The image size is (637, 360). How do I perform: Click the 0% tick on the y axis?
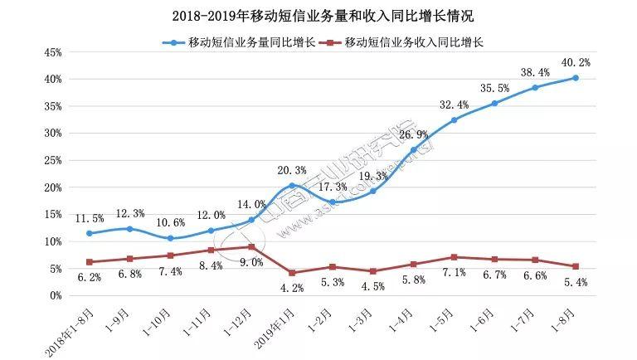click(x=55, y=295)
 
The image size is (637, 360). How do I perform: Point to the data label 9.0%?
click(x=252, y=263)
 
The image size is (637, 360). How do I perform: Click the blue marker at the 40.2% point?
click(x=576, y=78)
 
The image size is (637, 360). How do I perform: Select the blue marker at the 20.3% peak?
click(x=292, y=186)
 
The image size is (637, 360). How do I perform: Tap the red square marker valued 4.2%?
click(x=292, y=273)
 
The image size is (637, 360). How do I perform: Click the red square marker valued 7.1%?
click(x=454, y=257)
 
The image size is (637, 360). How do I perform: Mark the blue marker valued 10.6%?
click(x=170, y=238)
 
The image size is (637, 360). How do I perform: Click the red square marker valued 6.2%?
click(x=90, y=262)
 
